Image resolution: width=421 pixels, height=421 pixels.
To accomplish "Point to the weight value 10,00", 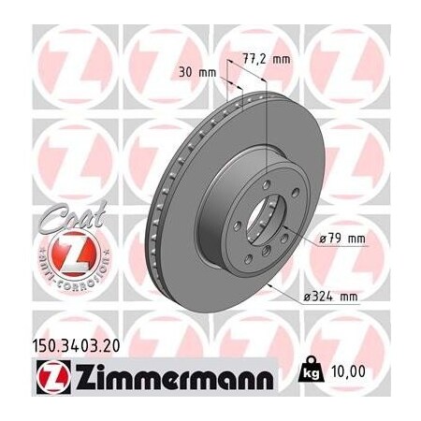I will tap(370, 372).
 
